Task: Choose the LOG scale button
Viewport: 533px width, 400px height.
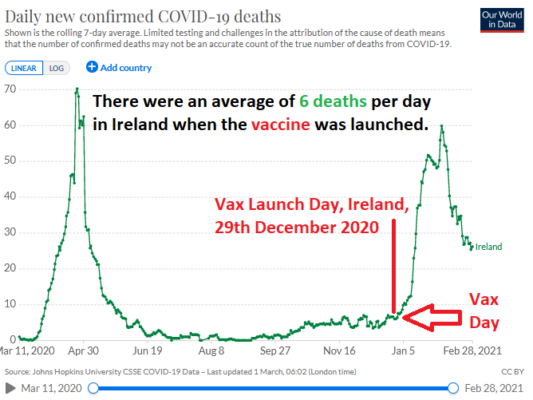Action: point(57,68)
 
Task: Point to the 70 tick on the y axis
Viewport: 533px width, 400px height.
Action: point(10,89)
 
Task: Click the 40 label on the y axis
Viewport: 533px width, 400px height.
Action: point(10,196)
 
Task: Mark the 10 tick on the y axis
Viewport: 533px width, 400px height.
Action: point(10,303)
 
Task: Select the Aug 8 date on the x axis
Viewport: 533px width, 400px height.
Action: point(211,350)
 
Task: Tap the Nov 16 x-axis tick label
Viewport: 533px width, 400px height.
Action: point(340,350)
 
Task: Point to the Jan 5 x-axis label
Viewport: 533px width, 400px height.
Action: point(404,350)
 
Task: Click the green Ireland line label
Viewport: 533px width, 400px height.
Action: point(488,247)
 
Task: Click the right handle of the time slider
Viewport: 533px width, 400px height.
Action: point(453,388)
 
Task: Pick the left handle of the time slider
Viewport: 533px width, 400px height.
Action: point(95,388)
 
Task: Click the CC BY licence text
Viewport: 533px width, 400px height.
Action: point(513,372)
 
